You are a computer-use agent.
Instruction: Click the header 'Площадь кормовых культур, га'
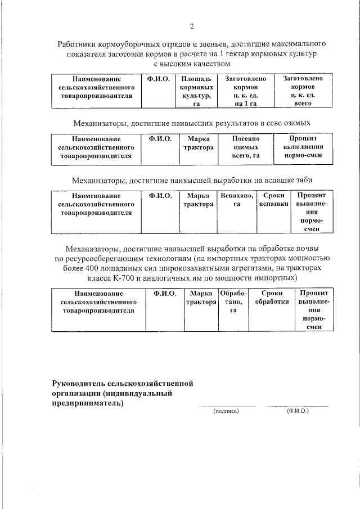point(196,92)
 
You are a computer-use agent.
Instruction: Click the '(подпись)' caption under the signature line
point(226,412)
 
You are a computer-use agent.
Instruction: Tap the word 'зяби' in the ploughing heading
point(303,181)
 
